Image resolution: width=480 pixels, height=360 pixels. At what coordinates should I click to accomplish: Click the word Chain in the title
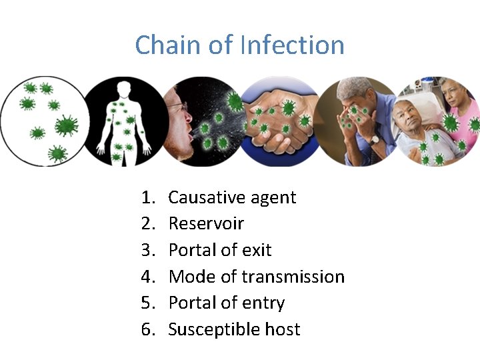point(161,45)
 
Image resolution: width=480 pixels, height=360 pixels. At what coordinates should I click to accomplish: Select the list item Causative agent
point(232,197)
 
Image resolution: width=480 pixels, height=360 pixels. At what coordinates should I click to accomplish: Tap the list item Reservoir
point(206,223)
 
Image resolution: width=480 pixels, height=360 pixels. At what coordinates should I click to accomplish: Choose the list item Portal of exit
point(220,250)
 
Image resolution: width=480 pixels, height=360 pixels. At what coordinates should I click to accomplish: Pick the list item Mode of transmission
point(257,277)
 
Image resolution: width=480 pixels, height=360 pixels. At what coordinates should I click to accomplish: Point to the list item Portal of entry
point(227,303)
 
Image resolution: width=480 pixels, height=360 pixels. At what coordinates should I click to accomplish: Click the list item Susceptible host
point(234,329)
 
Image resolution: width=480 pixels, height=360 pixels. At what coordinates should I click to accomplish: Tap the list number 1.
point(147,197)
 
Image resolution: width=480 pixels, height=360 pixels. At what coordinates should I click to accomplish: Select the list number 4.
point(147,277)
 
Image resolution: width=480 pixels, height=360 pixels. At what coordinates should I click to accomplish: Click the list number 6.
point(147,329)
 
